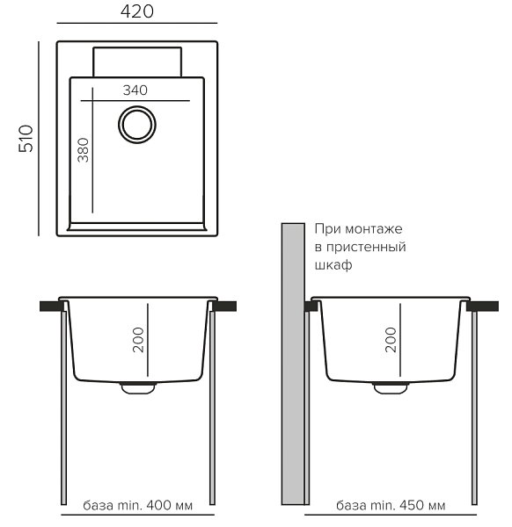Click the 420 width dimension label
click(x=137, y=11)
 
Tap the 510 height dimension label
click(x=26, y=139)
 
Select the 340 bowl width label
click(x=135, y=90)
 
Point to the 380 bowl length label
click(x=84, y=150)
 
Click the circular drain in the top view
click(x=137, y=106)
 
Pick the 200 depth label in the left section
click(x=138, y=340)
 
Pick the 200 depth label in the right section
click(x=391, y=340)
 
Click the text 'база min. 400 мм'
click(x=138, y=505)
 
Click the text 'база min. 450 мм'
click(x=391, y=505)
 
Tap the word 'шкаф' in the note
click(x=333, y=265)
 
